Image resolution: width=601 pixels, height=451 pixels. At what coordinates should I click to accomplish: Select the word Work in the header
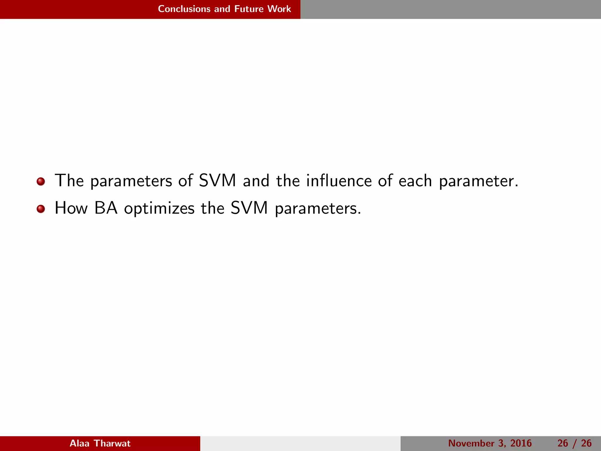(279, 9)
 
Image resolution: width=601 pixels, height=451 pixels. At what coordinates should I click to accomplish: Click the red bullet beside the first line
(41, 181)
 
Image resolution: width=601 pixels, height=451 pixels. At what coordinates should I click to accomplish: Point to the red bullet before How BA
(41, 209)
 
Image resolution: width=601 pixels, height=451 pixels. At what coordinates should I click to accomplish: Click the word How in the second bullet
(71, 208)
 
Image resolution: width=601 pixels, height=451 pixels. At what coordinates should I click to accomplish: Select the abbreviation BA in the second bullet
(106, 208)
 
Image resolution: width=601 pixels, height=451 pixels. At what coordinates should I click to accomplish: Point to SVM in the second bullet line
(249, 208)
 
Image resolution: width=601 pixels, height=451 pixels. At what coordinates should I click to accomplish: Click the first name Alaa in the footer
(80, 443)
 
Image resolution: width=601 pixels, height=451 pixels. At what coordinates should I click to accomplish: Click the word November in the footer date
(471, 443)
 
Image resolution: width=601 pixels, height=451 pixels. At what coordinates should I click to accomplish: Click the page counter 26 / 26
(574, 443)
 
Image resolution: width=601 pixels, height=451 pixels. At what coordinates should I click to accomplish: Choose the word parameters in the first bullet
(131, 181)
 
